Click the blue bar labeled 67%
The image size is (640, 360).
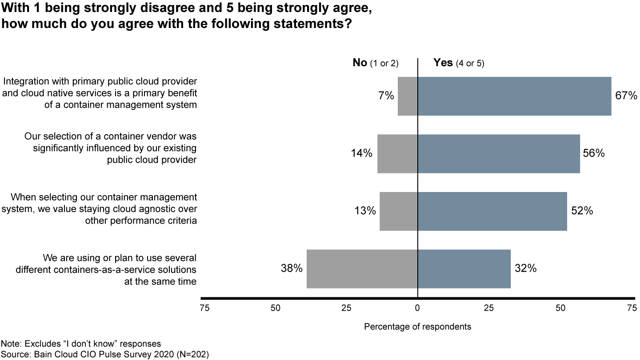pos(514,96)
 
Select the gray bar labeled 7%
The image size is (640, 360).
pos(408,96)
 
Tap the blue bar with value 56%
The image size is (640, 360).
pos(499,153)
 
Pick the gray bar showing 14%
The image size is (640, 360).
pos(397,153)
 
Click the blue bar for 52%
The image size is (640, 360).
pos(492,211)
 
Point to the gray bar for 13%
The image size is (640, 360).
pos(398,211)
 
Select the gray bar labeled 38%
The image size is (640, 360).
pos(362,268)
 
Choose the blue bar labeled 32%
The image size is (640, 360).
pos(464,268)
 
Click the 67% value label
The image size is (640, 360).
pos(626,96)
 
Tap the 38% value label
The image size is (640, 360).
pos(292,268)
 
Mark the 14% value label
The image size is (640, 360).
pos(361,153)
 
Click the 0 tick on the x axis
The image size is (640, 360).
pos(417,308)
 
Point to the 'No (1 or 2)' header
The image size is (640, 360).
pos(376,63)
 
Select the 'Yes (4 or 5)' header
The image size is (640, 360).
pos(459,63)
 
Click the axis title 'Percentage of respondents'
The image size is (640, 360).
pos(417,327)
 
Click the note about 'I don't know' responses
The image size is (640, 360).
pos(81,344)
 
